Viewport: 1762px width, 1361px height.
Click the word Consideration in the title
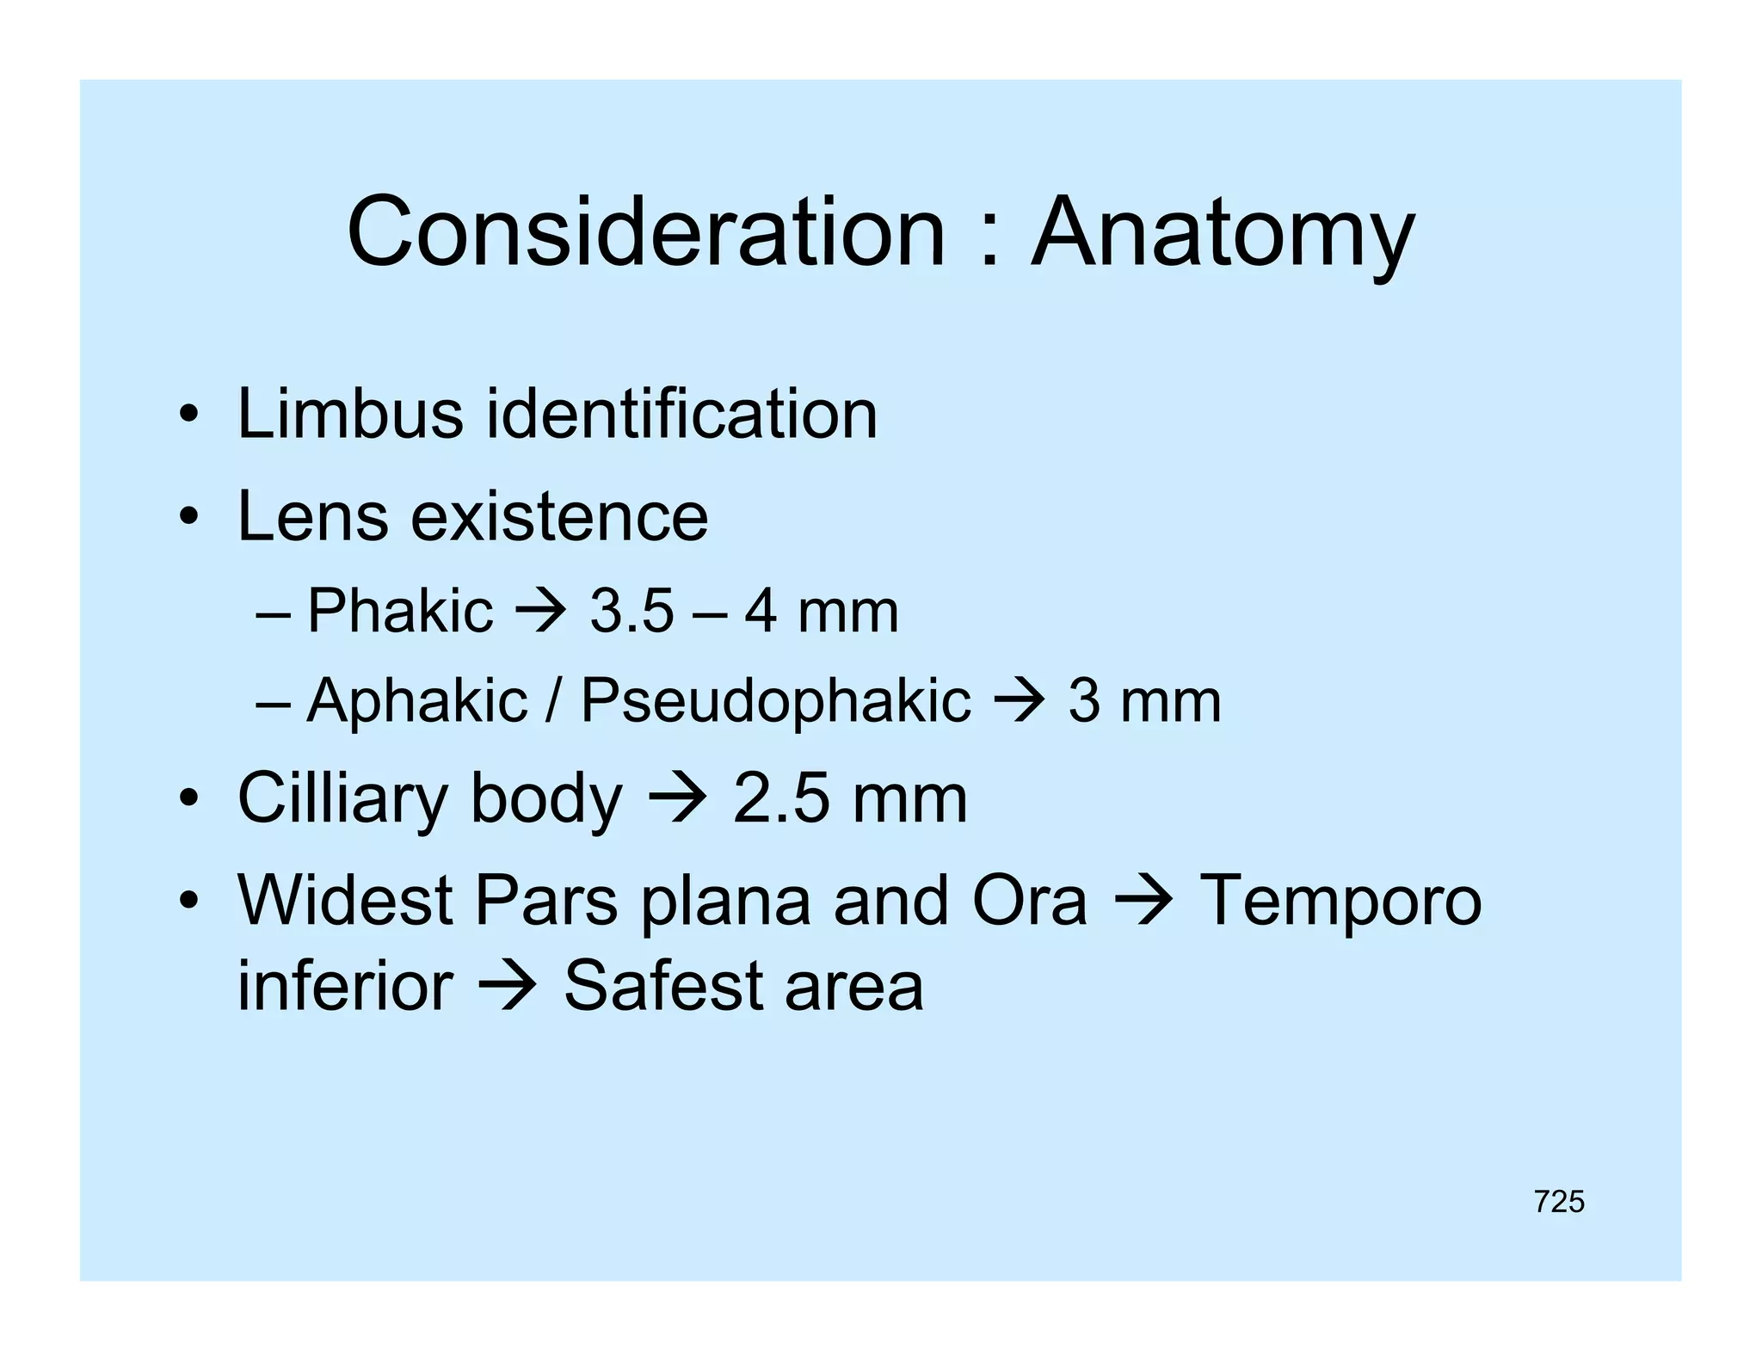click(x=645, y=232)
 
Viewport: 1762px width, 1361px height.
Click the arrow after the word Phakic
click(x=540, y=612)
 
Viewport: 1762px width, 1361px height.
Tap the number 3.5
click(x=631, y=612)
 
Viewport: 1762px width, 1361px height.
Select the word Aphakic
click(x=416, y=700)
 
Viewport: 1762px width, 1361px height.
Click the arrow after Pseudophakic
click(x=1020, y=701)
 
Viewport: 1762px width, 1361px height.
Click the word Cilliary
click(x=342, y=798)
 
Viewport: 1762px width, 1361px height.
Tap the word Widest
click(x=345, y=901)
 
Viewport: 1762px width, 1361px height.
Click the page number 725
click(x=1558, y=1201)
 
